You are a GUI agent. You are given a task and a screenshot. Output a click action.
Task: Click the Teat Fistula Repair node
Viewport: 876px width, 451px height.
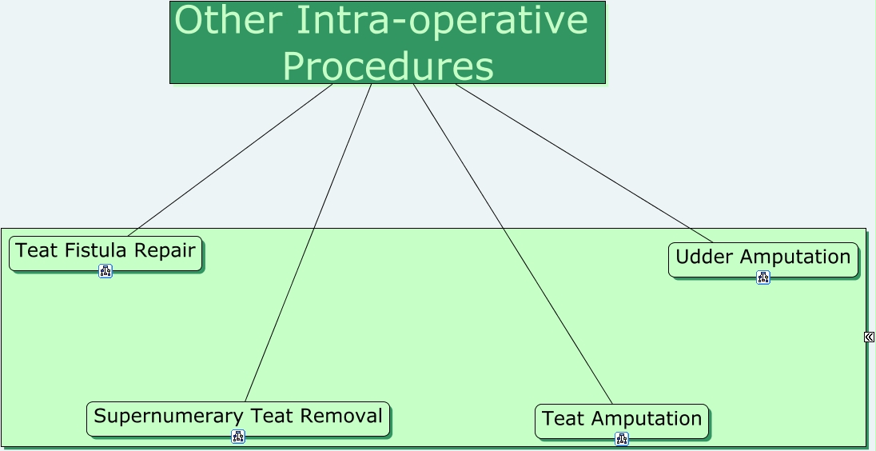tap(105, 252)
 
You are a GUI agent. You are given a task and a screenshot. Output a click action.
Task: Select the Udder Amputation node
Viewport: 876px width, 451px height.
tap(763, 258)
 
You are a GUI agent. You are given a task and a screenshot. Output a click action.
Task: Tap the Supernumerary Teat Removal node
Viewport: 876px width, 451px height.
tap(237, 417)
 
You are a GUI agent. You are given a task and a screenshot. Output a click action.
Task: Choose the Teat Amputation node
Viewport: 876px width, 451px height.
tap(621, 420)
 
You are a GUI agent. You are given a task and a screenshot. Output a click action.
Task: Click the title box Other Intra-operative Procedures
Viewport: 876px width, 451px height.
tap(387, 42)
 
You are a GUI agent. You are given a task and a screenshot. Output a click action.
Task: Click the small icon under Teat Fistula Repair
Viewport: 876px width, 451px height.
tap(106, 271)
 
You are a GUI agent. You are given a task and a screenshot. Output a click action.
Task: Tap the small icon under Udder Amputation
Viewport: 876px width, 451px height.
tap(763, 277)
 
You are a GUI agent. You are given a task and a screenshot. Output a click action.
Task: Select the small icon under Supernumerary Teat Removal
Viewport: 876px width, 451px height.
tap(238, 437)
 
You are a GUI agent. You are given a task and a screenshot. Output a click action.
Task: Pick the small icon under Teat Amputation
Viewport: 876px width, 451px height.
tap(622, 439)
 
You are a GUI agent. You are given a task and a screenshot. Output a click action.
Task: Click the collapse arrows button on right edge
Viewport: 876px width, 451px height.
tap(869, 337)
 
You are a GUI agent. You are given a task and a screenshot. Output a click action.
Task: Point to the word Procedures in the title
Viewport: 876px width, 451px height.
tap(388, 66)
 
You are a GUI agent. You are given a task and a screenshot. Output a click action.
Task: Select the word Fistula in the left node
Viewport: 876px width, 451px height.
tap(98, 250)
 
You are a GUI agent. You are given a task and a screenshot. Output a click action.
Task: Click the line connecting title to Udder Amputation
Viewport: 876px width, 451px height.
tap(583, 162)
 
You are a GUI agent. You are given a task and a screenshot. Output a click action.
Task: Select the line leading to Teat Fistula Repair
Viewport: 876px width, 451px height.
tap(230, 160)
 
